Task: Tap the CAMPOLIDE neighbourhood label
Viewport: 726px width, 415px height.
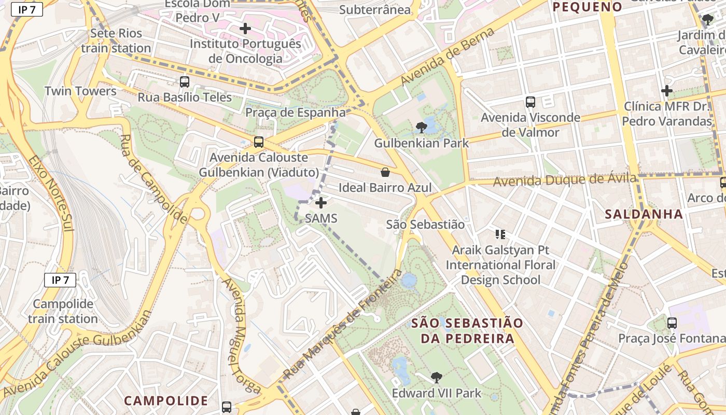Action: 166,400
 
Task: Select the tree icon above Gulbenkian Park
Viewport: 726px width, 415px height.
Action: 421,127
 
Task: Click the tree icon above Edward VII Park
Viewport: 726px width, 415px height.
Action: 437,377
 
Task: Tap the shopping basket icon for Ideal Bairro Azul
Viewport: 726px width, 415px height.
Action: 385,172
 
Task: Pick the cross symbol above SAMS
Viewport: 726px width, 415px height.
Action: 321,203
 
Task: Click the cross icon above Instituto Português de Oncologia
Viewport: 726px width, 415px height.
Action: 245,28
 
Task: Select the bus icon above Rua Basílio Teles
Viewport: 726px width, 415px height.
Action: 184,81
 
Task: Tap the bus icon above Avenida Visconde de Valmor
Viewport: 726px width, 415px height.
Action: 530,102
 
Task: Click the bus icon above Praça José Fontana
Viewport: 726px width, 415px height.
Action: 672,323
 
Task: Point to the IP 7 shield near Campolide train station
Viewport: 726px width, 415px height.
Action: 60,280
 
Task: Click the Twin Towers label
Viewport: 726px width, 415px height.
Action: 80,91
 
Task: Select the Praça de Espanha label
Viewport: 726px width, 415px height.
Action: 295,113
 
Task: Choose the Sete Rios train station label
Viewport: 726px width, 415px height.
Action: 116,41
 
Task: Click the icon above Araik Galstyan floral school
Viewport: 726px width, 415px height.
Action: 500,234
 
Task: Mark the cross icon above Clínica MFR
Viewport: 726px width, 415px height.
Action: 667,91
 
